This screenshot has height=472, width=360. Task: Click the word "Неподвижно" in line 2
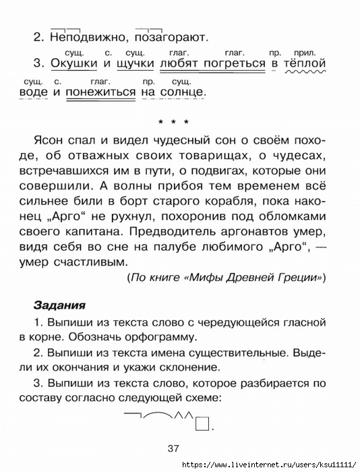click(x=89, y=37)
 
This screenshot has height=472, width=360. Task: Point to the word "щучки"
click(x=136, y=64)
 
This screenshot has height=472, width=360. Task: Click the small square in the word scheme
click(x=202, y=425)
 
